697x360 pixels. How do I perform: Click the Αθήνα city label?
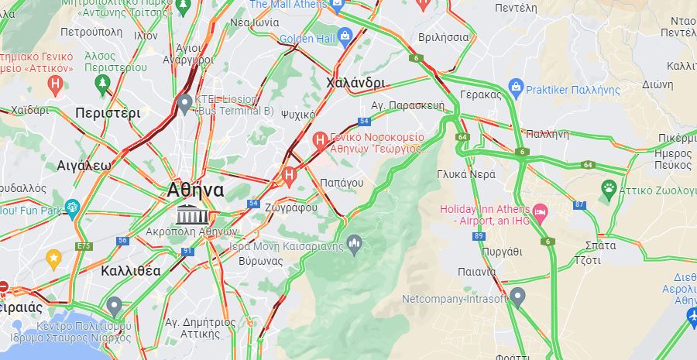click(196, 190)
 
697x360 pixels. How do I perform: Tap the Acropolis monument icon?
click(187, 214)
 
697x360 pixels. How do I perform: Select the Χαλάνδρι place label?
click(355, 83)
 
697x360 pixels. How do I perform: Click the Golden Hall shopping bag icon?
click(345, 35)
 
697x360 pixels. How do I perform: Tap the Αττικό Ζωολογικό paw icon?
click(609, 187)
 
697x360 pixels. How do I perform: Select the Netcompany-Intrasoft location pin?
click(518, 295)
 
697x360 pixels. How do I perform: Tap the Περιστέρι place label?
click(108, 113)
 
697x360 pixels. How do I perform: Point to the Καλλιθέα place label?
click(130, 271)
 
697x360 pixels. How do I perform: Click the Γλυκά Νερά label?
click(465, 173)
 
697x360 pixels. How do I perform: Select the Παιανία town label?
click(476, 272)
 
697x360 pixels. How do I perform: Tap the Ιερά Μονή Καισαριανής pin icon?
click(355, 244)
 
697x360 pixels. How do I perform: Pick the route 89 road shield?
click(479, 236)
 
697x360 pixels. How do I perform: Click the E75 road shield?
click(83, 246)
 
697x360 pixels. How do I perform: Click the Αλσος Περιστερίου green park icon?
click(102, 82)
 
